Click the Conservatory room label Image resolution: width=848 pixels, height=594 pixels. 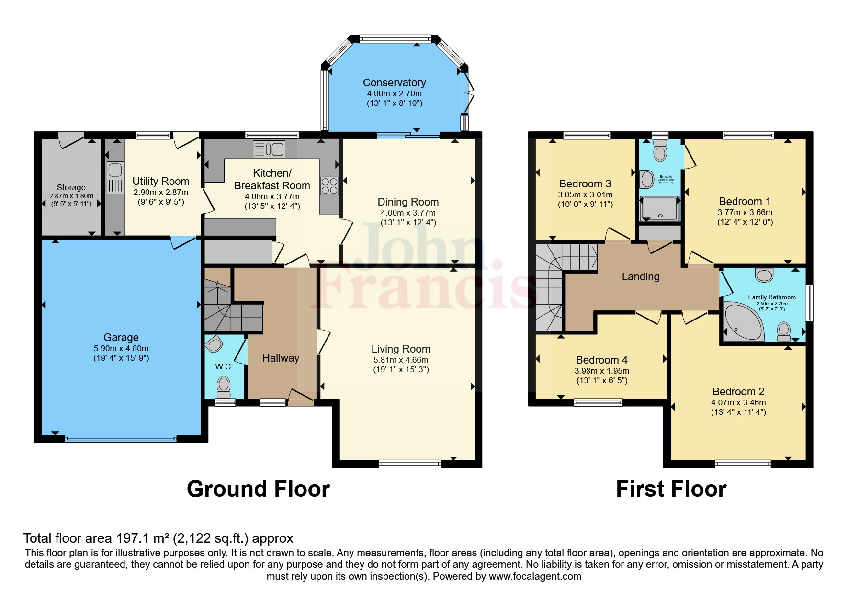(x=394, y=83)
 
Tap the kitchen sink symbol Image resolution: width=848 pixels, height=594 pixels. (x=269, y=149)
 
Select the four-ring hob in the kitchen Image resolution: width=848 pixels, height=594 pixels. (x=329, y=186)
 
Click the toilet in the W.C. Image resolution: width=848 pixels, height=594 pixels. (x=224, y=385)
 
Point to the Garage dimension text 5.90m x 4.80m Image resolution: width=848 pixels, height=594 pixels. (x=121, y=349)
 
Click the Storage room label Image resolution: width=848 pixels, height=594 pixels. (x=71, y=187)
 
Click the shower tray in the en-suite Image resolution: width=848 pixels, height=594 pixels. (x=660, y=209)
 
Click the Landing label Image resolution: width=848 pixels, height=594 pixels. (x=640, y=276)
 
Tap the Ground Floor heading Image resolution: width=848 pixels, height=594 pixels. (x=258, y=489)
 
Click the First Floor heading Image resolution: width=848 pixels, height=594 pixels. (x=671, y=489)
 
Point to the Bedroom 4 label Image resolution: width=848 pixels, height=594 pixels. (x=601, y=360)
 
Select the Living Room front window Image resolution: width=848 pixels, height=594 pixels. (x=410, y=463)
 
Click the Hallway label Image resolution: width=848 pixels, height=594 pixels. (x=281, y=358)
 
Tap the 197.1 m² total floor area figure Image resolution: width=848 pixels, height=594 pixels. (x=143, y=538)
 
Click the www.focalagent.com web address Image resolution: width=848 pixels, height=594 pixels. (x=535, y=576)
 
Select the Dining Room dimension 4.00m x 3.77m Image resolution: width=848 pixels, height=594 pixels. (x=408, y=213)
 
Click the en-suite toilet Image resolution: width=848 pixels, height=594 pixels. (x=660, y=150)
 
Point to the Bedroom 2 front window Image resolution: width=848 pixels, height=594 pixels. (x=743, y=463)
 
